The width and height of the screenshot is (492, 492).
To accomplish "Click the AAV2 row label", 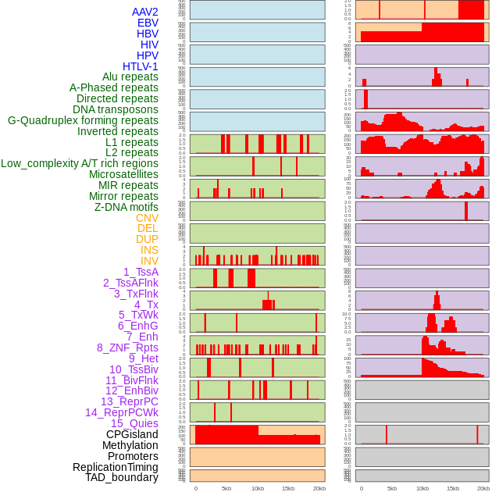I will [145, 12].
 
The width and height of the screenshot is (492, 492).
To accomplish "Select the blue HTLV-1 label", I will [141, 66].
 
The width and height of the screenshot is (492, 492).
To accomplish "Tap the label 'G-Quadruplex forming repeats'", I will [83, 120].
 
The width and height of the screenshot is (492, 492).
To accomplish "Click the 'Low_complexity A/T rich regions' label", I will [80, 163].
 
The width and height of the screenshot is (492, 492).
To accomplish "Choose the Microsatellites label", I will [123, 174].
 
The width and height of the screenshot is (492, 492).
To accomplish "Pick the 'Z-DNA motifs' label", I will [127, 207].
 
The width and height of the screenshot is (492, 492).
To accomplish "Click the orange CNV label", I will [147, 218].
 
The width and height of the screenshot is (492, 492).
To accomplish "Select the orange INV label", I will [149, 261].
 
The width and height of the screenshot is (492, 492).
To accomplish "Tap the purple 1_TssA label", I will [141, 272].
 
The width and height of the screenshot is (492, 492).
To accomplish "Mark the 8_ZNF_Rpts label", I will [127, 348].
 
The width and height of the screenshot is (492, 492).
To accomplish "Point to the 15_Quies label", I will [134, 423].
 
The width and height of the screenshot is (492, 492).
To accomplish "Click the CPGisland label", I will [132, 434].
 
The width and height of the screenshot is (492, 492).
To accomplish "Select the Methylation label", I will [130, 445].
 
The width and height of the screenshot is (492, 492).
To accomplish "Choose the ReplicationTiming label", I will [115, 467].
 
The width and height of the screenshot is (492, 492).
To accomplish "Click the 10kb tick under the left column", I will [258, 488].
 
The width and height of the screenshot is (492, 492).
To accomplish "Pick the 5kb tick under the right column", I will [391, 488].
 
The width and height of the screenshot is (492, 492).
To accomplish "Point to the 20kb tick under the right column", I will [483, 488].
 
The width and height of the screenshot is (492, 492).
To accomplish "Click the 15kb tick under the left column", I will [288, 488].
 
